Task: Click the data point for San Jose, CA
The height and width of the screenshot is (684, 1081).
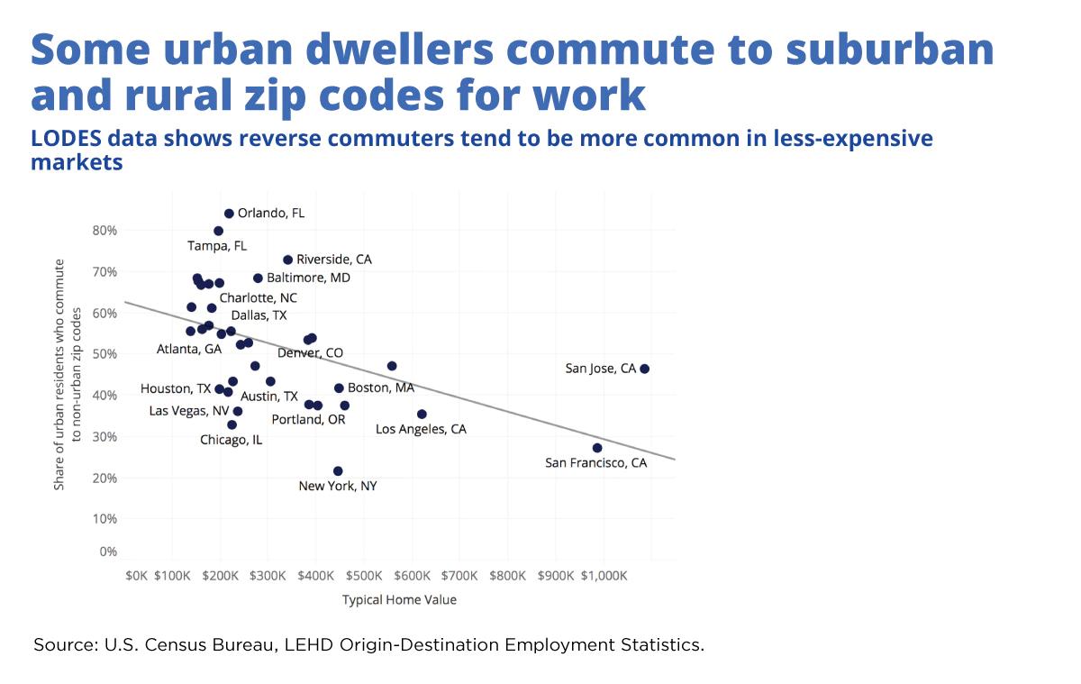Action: pyautogui.click(x=644, y=369)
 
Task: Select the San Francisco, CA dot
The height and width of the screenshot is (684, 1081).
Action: pyautogui.click(x=597, y=448)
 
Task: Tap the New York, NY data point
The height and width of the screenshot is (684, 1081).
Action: pyautogui.click(x=338, y=471)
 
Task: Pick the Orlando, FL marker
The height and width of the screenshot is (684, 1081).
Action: pyautogui.click(x=229, y=214)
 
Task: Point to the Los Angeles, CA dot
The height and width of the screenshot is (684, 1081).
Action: pyautogui.click(x=422, y=415)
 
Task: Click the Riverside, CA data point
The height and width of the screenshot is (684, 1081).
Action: pyautogui.click(x=288, y=260)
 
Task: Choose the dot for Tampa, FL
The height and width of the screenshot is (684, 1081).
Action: pyautogui.click(x=218, y=231)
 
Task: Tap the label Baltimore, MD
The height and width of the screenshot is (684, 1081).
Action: pyautogui.click(x=308, y=278)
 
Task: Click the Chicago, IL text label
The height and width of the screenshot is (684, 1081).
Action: pyautogui.click(x=232, y=440)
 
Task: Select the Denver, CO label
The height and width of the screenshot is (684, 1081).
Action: pyautogui.click(x=310, y=353)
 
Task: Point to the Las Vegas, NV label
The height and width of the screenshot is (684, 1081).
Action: pyautogui.click(x=189, y=411)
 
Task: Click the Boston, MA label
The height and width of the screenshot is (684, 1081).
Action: pyautogui.click(x=380, y=388)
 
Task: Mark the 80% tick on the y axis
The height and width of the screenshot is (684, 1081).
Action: pyautogui.click(x=105, y=231)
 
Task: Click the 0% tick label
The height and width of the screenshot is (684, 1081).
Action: pyautogui.click(x=108, y=552)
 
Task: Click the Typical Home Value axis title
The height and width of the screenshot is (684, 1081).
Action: pyautogui.click(x=399, y=600)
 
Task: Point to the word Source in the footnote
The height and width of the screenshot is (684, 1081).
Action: pyautogui.click(x=64, y=645)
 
